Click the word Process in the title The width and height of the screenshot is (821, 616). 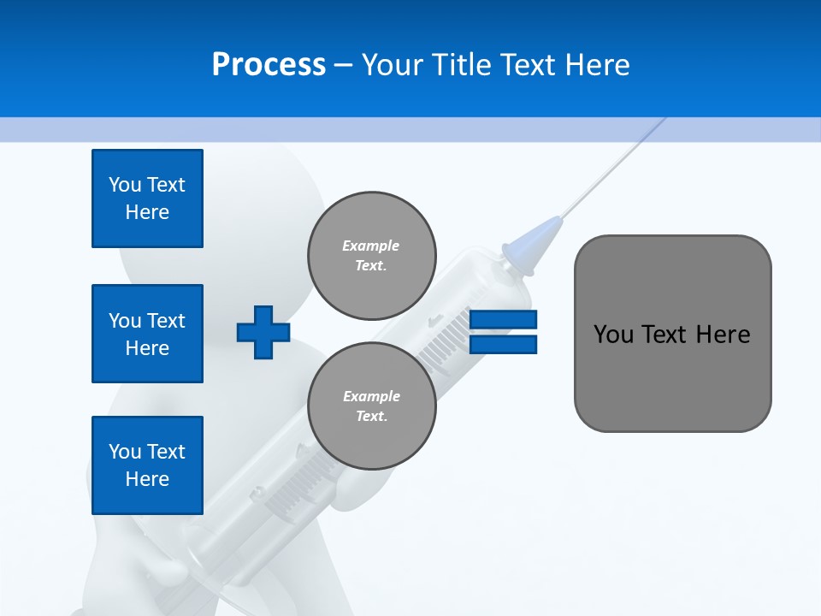(x=269, y=65)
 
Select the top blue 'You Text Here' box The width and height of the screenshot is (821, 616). (x=147, y=198)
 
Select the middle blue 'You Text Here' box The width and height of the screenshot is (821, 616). (x=147, y=334)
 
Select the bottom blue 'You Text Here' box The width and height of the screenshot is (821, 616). (x=147, y=465)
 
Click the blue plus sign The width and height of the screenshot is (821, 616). (x=263, y=332)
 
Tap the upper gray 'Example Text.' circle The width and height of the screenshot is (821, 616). (x=371, y=256)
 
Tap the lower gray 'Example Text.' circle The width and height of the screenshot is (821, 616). (x=371, y=406)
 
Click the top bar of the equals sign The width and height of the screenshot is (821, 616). (x=503, y=320)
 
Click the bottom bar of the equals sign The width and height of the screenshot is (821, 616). (x=503, y=345)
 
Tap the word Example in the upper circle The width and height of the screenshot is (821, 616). (x=371, y=246)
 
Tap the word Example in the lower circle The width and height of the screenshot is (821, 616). (x=371, y=396)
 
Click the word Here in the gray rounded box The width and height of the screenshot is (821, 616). (x=724, y=335)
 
